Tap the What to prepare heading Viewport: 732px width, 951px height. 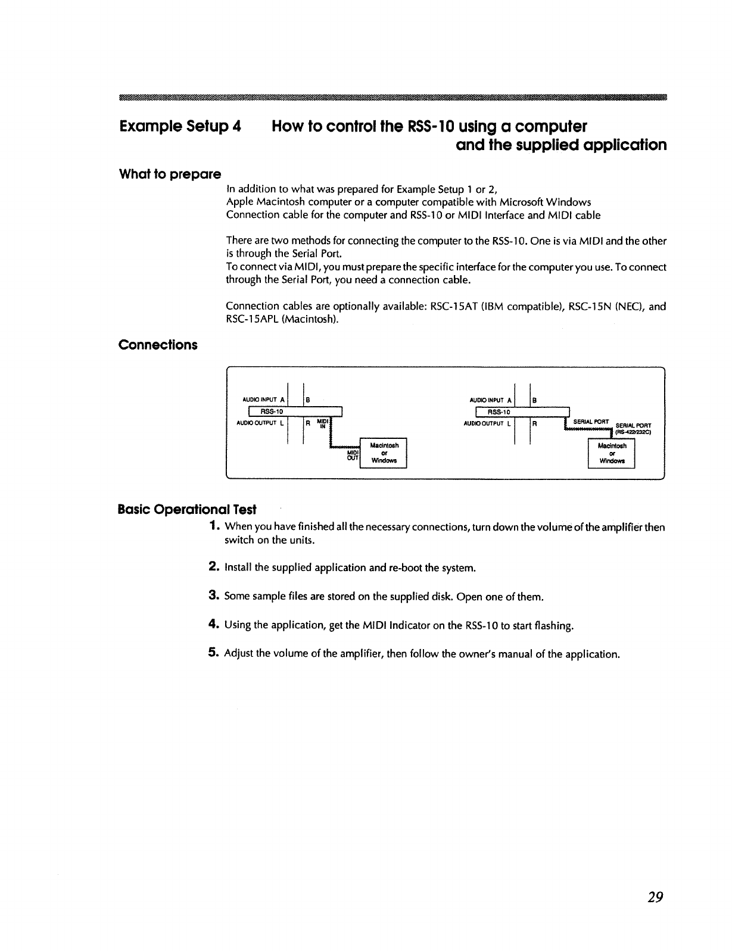click(170, 174)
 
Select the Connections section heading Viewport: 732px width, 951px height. click(158, 345)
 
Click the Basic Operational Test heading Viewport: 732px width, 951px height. click(187, 510)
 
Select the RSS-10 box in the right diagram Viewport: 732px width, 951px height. click(496, 411)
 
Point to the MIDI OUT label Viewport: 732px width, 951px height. click(352, 456)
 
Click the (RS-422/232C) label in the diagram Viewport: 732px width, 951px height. click(635, 433)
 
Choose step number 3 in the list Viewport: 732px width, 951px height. click(212, 595)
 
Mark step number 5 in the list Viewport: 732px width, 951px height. click(212, 653)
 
